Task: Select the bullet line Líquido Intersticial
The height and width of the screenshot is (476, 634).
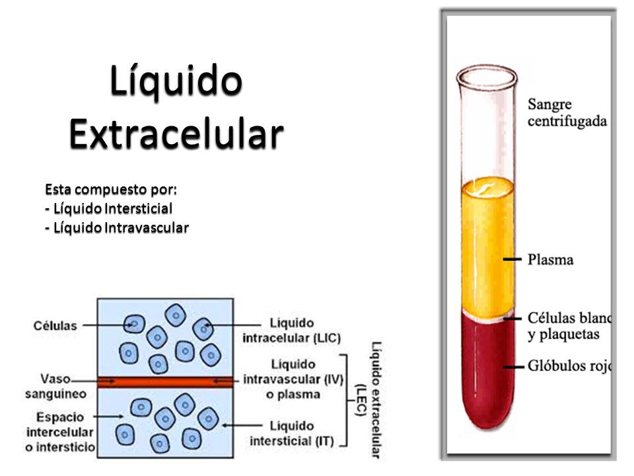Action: click(109, 208)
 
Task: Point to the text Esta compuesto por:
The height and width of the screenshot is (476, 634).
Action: click(111, 189)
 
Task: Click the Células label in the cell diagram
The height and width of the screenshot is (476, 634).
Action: click(55, 325)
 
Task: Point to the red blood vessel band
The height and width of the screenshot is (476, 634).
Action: click(165, 381)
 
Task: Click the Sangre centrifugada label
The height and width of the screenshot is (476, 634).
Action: click(567, 112)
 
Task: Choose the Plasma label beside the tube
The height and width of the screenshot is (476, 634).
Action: click(550, 260)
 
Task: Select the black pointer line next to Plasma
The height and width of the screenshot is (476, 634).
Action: click(512, 259)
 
